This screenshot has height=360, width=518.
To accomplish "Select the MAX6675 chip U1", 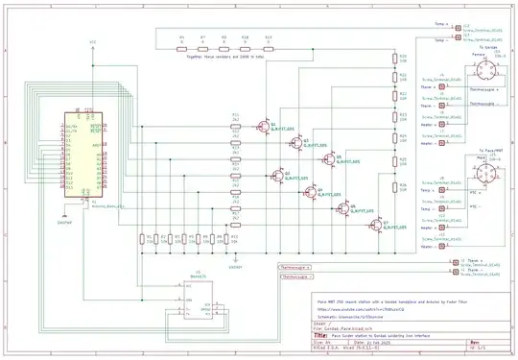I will point(198,294).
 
